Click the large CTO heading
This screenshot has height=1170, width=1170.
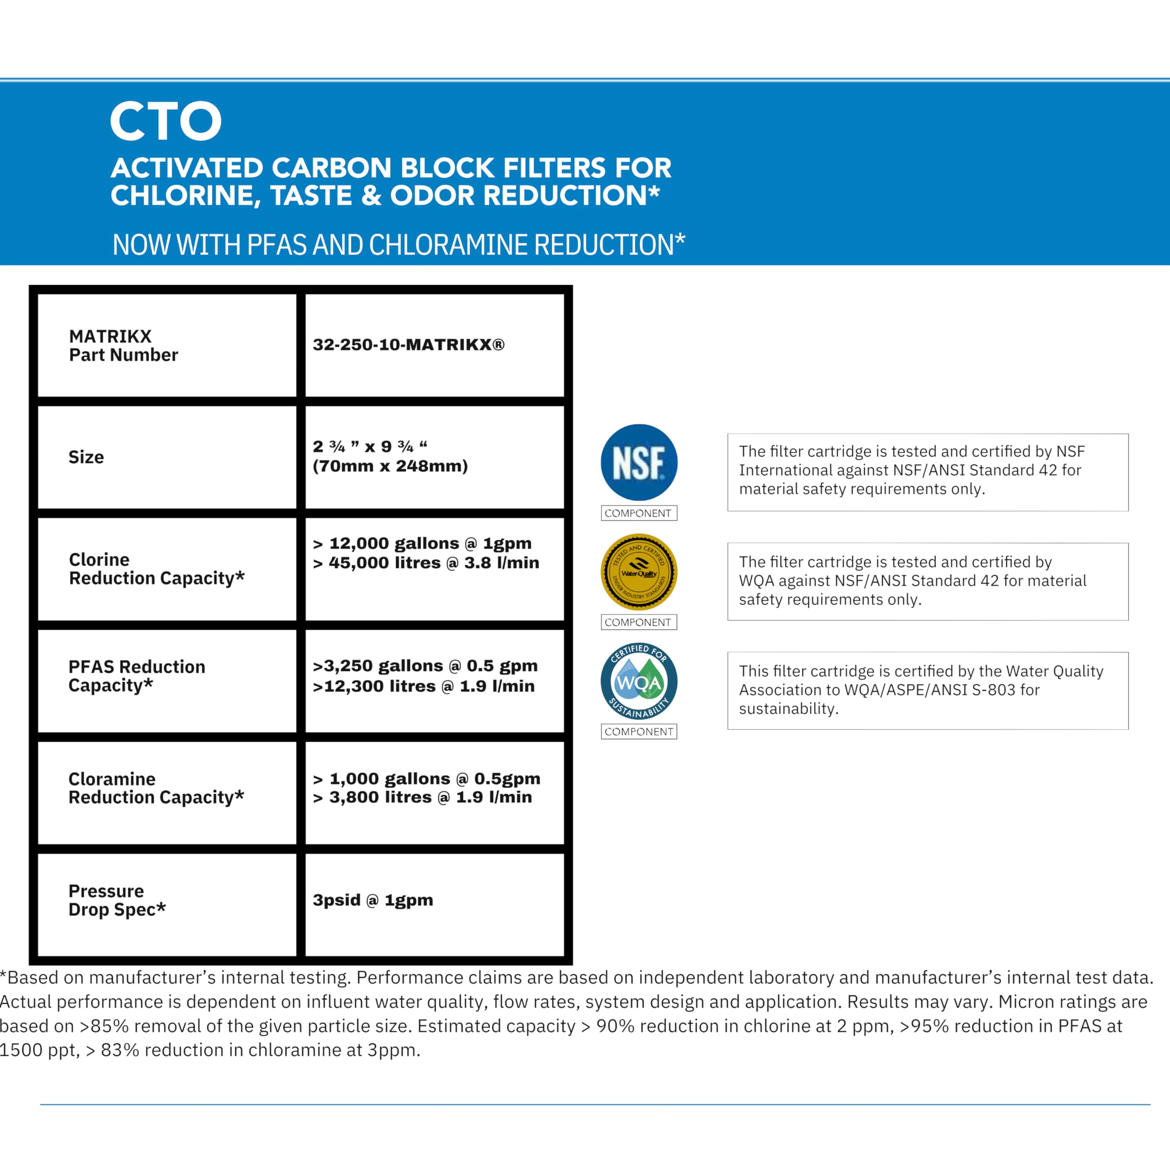point(166,121)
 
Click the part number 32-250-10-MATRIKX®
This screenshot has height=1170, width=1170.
point(408,345)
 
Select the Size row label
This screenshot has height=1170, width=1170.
point(86,457)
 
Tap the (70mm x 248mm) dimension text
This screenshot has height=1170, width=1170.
point(390,466)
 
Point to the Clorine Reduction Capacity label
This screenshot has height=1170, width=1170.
point(156,569)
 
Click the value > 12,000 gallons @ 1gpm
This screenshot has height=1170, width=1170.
point(422,543)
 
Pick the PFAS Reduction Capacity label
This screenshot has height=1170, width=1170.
point(136,676)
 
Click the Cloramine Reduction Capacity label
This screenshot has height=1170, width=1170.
point(156,788)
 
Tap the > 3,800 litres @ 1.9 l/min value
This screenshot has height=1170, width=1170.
point(422,798)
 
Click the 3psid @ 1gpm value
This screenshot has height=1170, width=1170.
point(372,900)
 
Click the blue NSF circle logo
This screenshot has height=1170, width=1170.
point(639,463)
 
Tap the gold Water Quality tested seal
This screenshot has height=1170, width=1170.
point(639,572)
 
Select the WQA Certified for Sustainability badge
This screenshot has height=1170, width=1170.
point(639,681)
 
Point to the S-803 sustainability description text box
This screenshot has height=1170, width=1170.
point(927,691)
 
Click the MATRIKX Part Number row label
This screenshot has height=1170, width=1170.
point(123,345)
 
